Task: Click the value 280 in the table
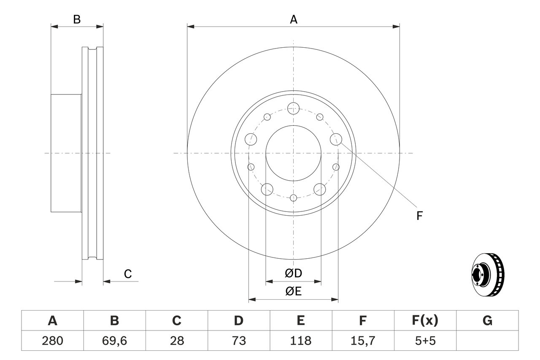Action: pos(52,341)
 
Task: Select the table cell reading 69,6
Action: pos(114,341)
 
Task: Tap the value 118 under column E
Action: pos(300,341)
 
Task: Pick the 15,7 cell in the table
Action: pos(362,341)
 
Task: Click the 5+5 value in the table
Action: pos(425,341)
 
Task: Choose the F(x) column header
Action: pos(425,321)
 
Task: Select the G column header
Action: pos(487,321)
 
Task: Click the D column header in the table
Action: pos(238,321)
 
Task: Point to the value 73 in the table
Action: pos(238,341)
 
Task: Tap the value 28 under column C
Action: pos(176,341)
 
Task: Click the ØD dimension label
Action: pos(294,273)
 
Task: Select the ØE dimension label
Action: pos(294,291)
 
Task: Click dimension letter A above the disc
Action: pos(294,19)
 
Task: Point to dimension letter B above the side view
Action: pos(77,19)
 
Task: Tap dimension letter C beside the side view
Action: pos(128,274)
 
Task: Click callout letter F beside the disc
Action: pos(419,216)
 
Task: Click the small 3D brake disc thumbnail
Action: pos(487,274)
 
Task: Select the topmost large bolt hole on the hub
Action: pos(294,108)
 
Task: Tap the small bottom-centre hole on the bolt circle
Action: pos(294,197)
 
